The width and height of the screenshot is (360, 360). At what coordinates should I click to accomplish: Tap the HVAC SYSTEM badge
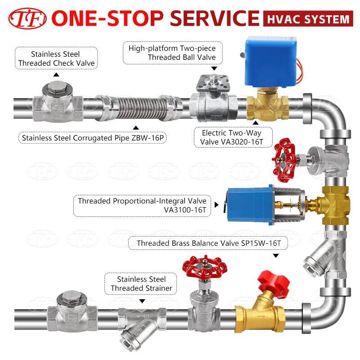point(306,19)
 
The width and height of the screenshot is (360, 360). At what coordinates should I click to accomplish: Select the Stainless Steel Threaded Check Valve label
point(57,58)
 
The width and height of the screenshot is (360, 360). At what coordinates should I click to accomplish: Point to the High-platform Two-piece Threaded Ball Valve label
point(172,53)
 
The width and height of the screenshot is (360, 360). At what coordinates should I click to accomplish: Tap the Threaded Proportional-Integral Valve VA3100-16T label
point(142,205)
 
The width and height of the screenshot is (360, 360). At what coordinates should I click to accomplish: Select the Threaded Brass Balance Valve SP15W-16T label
point(212,243)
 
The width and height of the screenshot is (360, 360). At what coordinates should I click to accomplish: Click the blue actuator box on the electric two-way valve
point(265,62)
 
